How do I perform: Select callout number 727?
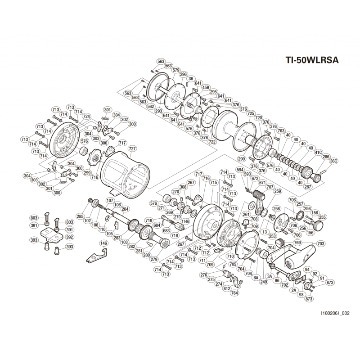(132, 148)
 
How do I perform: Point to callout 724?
(86, 116)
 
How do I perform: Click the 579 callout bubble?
(176, 70)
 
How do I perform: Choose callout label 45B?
(206, 87)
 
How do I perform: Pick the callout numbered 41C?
(318, 153)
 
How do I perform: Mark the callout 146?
(104, 243)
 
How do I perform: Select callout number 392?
(69, 237)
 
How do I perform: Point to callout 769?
(297, 243)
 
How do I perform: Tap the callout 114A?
(185, 221)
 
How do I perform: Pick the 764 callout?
(234, 293)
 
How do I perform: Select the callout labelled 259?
(277, 191)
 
